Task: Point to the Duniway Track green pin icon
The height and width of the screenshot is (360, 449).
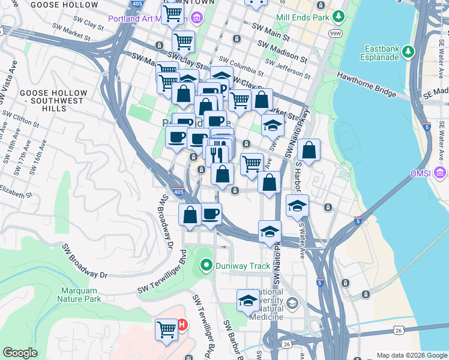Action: coord(206,264)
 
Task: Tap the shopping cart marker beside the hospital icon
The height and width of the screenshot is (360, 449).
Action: coord(166,328)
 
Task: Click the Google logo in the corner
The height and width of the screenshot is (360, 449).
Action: coord(20,353)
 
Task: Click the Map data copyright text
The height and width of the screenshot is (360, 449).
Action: coord(411,355)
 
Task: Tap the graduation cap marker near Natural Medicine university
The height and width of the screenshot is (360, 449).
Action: coord(247,301)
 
